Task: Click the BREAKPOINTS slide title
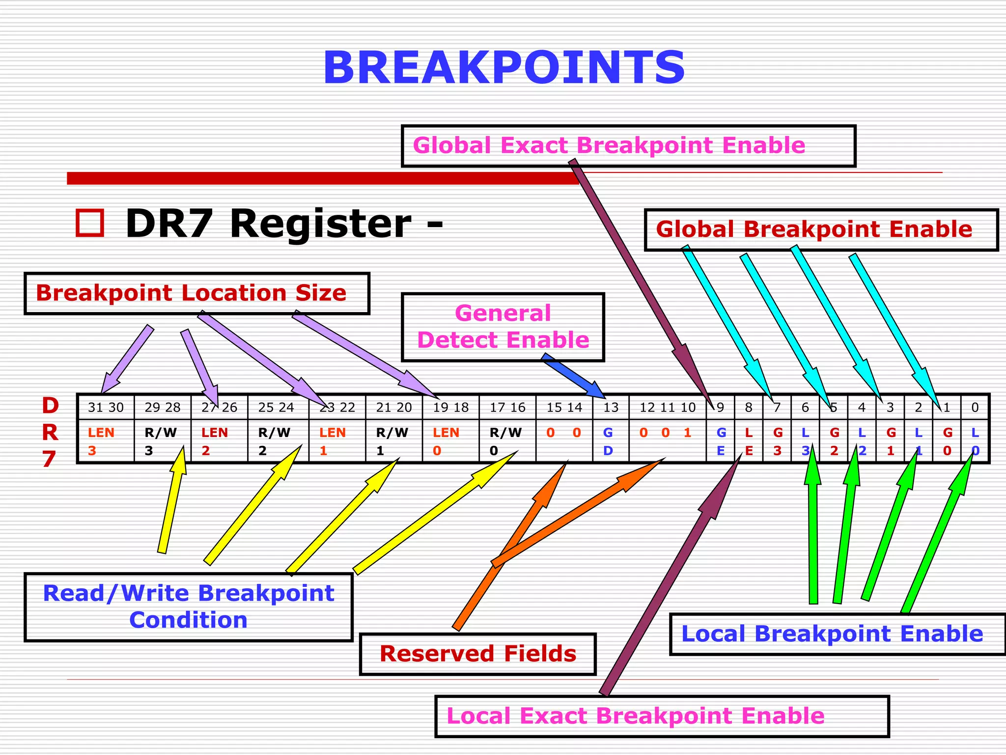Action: tap(503, 68)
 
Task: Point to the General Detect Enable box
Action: tap(503, 327)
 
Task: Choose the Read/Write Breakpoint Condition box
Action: tap(189, 607)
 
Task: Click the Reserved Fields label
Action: tap(477, 654)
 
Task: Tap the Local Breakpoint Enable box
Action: tap(837, 634)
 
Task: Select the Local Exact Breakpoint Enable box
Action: tap(661, 716)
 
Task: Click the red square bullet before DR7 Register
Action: tap(90, 224)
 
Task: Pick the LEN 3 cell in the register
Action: tap(105, 441)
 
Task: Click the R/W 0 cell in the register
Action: tap(507, 441)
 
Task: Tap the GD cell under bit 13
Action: tap(610, 441)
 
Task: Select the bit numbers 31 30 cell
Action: tap(106, 407)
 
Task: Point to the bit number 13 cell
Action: tap(611, 407)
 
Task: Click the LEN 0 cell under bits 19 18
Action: tap(450, 441)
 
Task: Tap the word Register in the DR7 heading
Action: tap(320, 224)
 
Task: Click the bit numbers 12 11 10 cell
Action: tap(667, 407)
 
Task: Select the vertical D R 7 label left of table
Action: tap(50, 433)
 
